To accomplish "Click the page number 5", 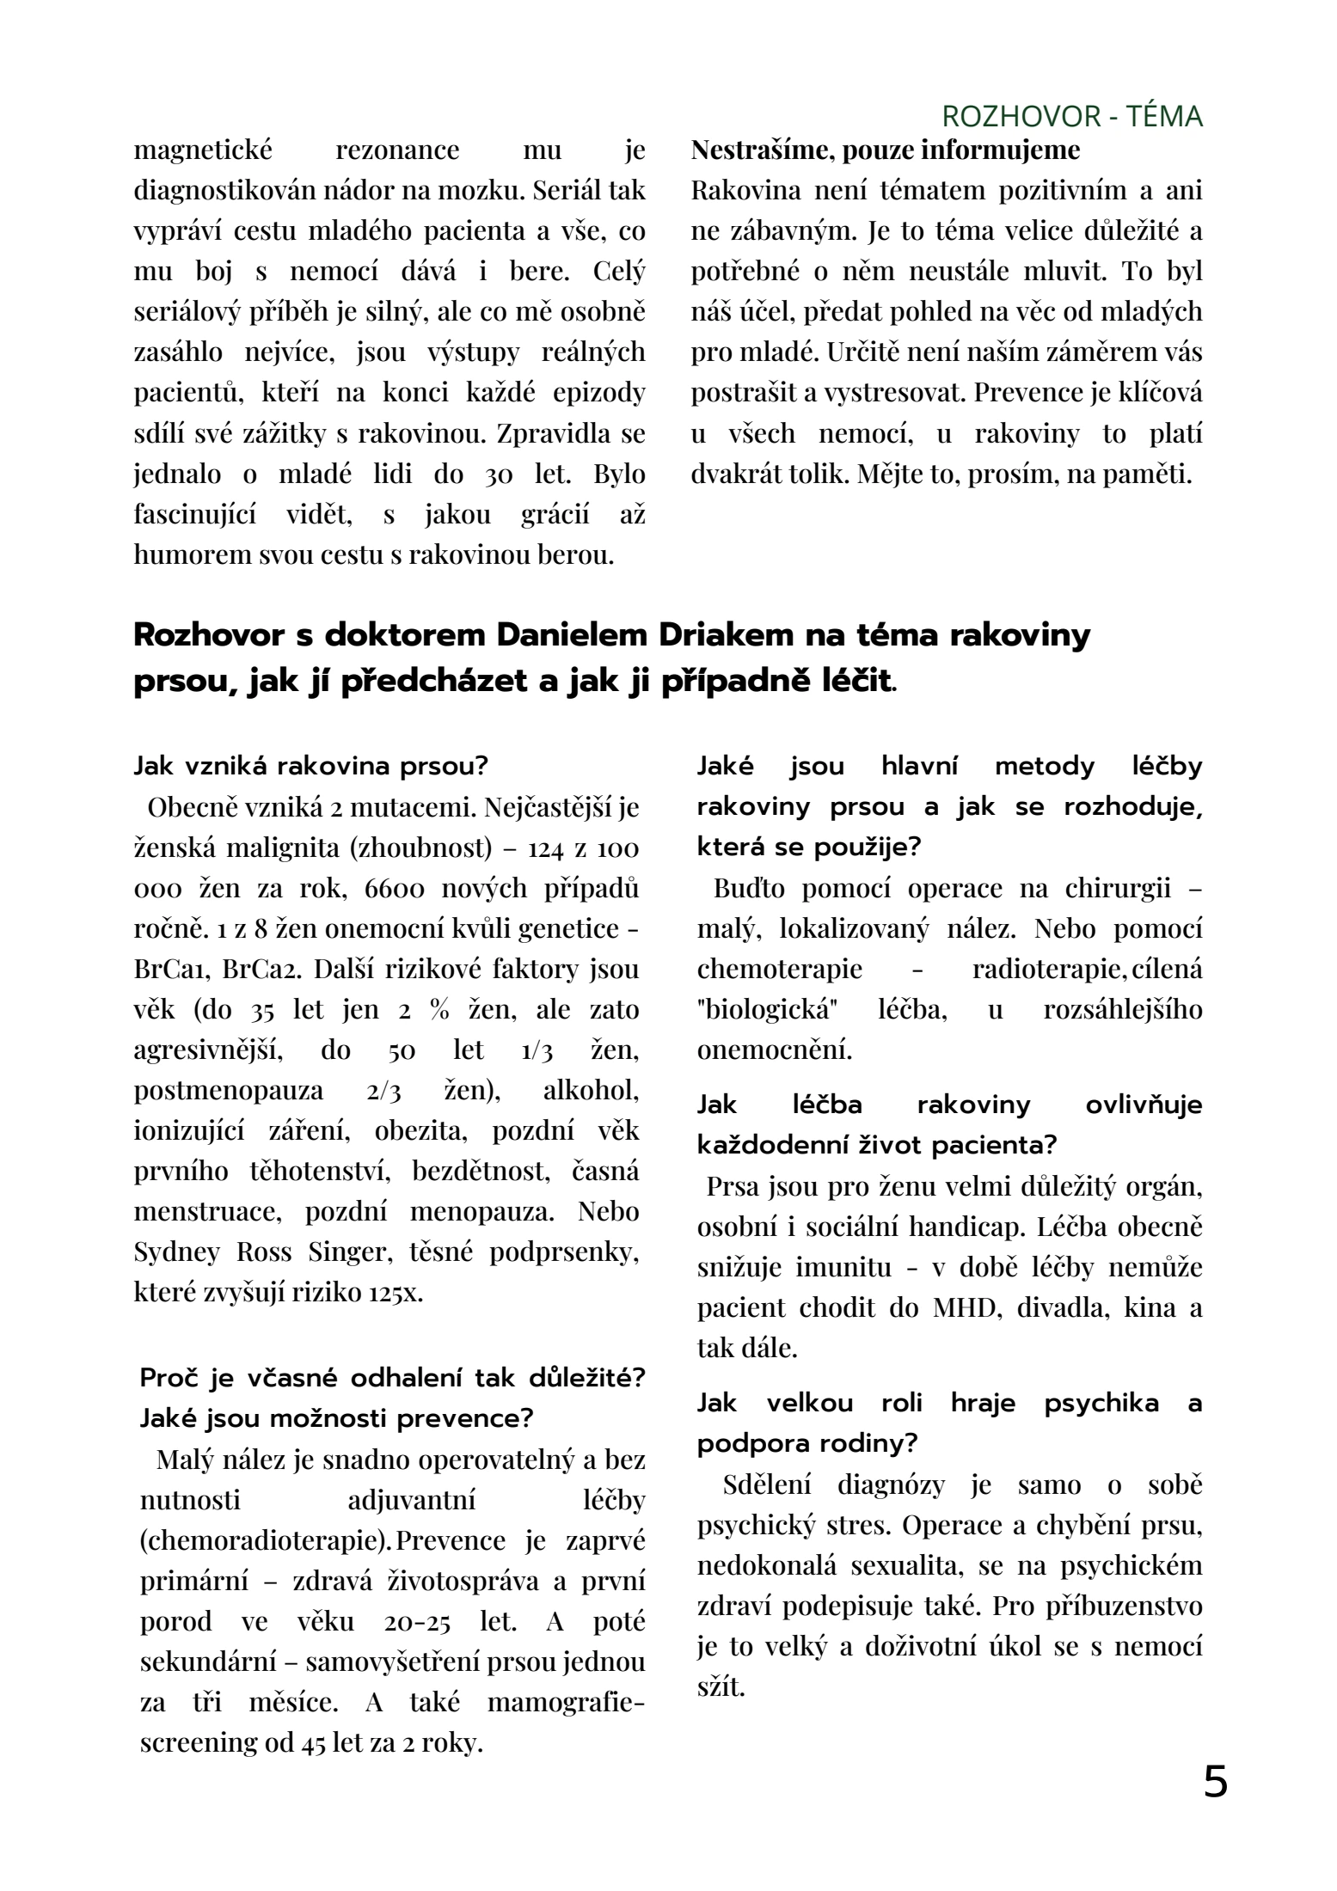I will tap(1214, 1782).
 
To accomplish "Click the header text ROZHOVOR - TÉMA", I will tap(1071, 117).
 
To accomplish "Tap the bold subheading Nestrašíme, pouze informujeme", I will tap(885, 150).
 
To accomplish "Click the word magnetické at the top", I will tap(203, 150).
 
